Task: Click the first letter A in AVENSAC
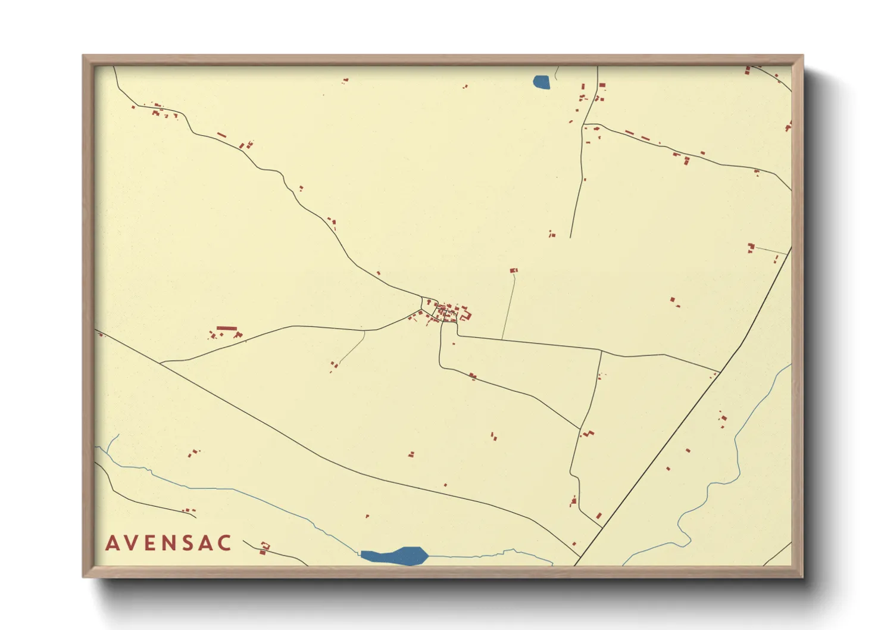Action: [113, 543]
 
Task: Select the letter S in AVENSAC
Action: [189, 543]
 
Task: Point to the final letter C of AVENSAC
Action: [225, 543]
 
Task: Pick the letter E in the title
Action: [151, 543]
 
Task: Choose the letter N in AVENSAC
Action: [170, 543]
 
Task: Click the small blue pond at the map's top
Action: [542, 82]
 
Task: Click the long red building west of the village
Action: [226, 328]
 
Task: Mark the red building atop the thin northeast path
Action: [514, 271]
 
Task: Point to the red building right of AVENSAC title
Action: [264, 547]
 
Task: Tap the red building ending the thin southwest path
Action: [335, 364]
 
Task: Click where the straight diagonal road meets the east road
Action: [720, 372]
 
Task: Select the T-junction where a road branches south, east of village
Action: [601, 351]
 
